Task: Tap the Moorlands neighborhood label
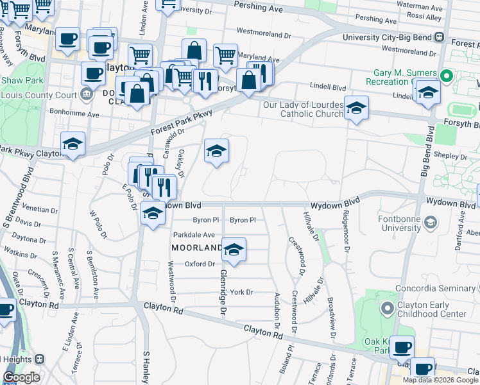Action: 196,247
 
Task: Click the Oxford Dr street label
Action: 200,264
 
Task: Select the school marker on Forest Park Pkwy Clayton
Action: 73,144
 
